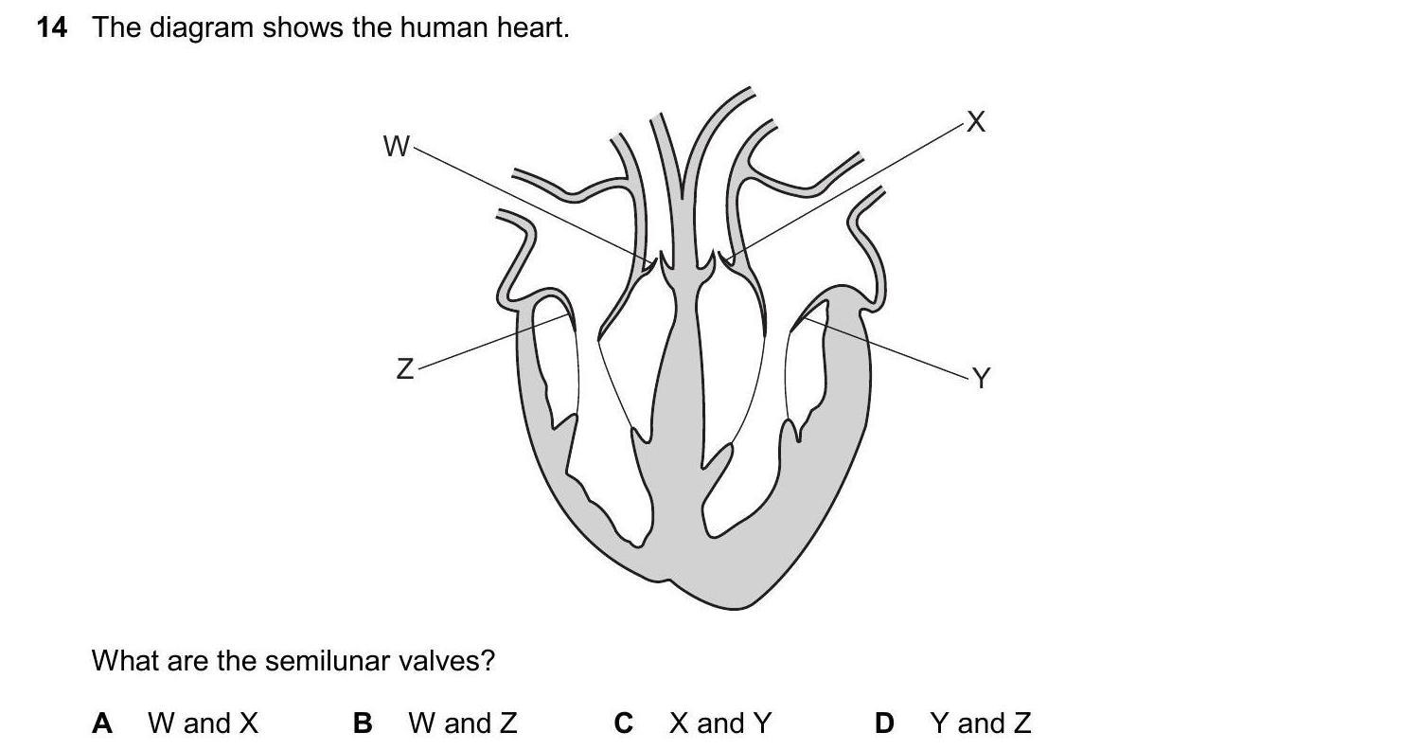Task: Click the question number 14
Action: [x=52, y=28]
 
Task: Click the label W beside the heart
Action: [x=396, y=146]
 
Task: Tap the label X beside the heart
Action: [x=976, y=122]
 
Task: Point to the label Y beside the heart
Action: [x=981, y=379]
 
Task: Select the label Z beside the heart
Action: [x=404, y=368]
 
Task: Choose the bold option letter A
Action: [x=102, y=723]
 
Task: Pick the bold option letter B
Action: [x=363, y=723]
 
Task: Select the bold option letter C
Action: [x=623, y=723]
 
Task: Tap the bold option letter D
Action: [x=884, y=723]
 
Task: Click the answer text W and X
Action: [x=203, y=723]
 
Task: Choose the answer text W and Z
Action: [x=463, y=723]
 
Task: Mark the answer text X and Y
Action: [x=720, y=723]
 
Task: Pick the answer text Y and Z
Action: [x=981, y=723]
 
